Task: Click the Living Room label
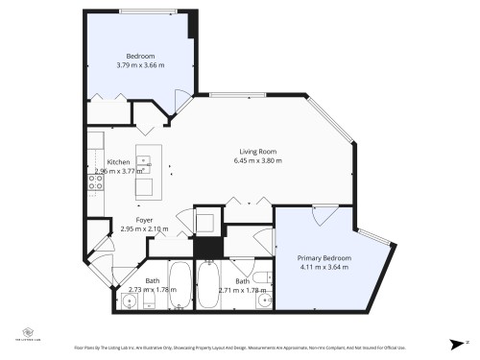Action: coord(257,152)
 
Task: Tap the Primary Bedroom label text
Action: coord(324,258)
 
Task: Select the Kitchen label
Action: coord(118,161)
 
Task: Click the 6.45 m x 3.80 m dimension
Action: coord(257,161)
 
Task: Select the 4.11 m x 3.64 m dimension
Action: coord(324,268)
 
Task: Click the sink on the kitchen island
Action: coord(144,162)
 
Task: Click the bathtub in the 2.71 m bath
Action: coord(208,285)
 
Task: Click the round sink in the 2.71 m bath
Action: coord(264,300)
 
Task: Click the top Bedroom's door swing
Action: coord(178,100)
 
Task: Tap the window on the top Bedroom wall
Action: coord(147,11)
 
